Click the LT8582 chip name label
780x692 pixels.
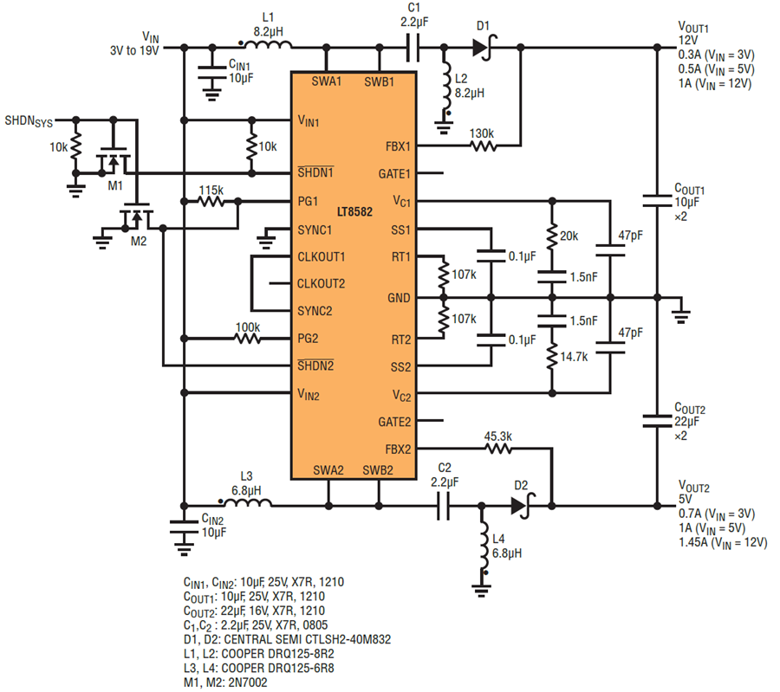354,212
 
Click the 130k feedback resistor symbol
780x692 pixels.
483,146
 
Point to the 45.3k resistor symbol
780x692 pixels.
498,449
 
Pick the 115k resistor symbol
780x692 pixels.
211,201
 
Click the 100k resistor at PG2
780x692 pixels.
247,339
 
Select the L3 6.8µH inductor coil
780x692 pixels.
246,503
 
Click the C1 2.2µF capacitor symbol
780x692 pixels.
413,48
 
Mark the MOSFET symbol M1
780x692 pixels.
114,158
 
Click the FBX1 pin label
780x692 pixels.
398,146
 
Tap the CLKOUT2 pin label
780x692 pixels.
321,284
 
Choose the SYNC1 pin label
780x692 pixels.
315,230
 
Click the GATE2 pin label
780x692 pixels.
394,422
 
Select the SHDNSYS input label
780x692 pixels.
29,121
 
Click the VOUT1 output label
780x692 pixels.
693,27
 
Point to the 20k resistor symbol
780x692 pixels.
552,237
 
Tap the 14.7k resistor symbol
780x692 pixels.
552,356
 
